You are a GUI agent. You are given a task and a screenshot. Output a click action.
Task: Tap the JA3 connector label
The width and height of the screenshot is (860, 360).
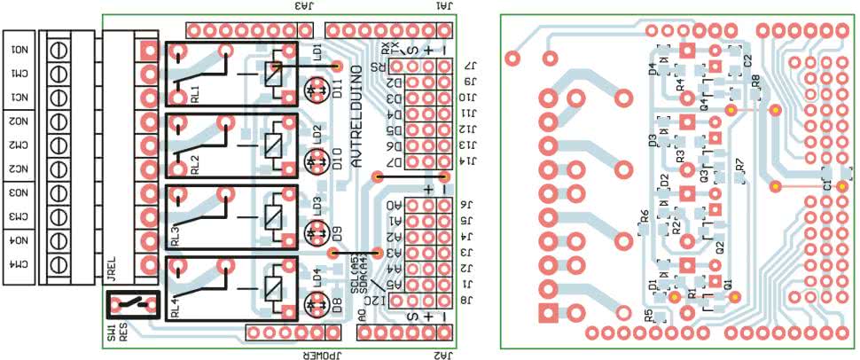pos(305,6)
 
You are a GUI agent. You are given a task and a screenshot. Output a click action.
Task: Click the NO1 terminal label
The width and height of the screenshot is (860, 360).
pos(19,50)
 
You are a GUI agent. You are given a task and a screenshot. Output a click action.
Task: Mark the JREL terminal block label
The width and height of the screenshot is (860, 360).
pos(112,269)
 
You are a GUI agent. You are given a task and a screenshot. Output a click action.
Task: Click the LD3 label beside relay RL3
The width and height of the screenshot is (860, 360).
pos(317,205)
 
